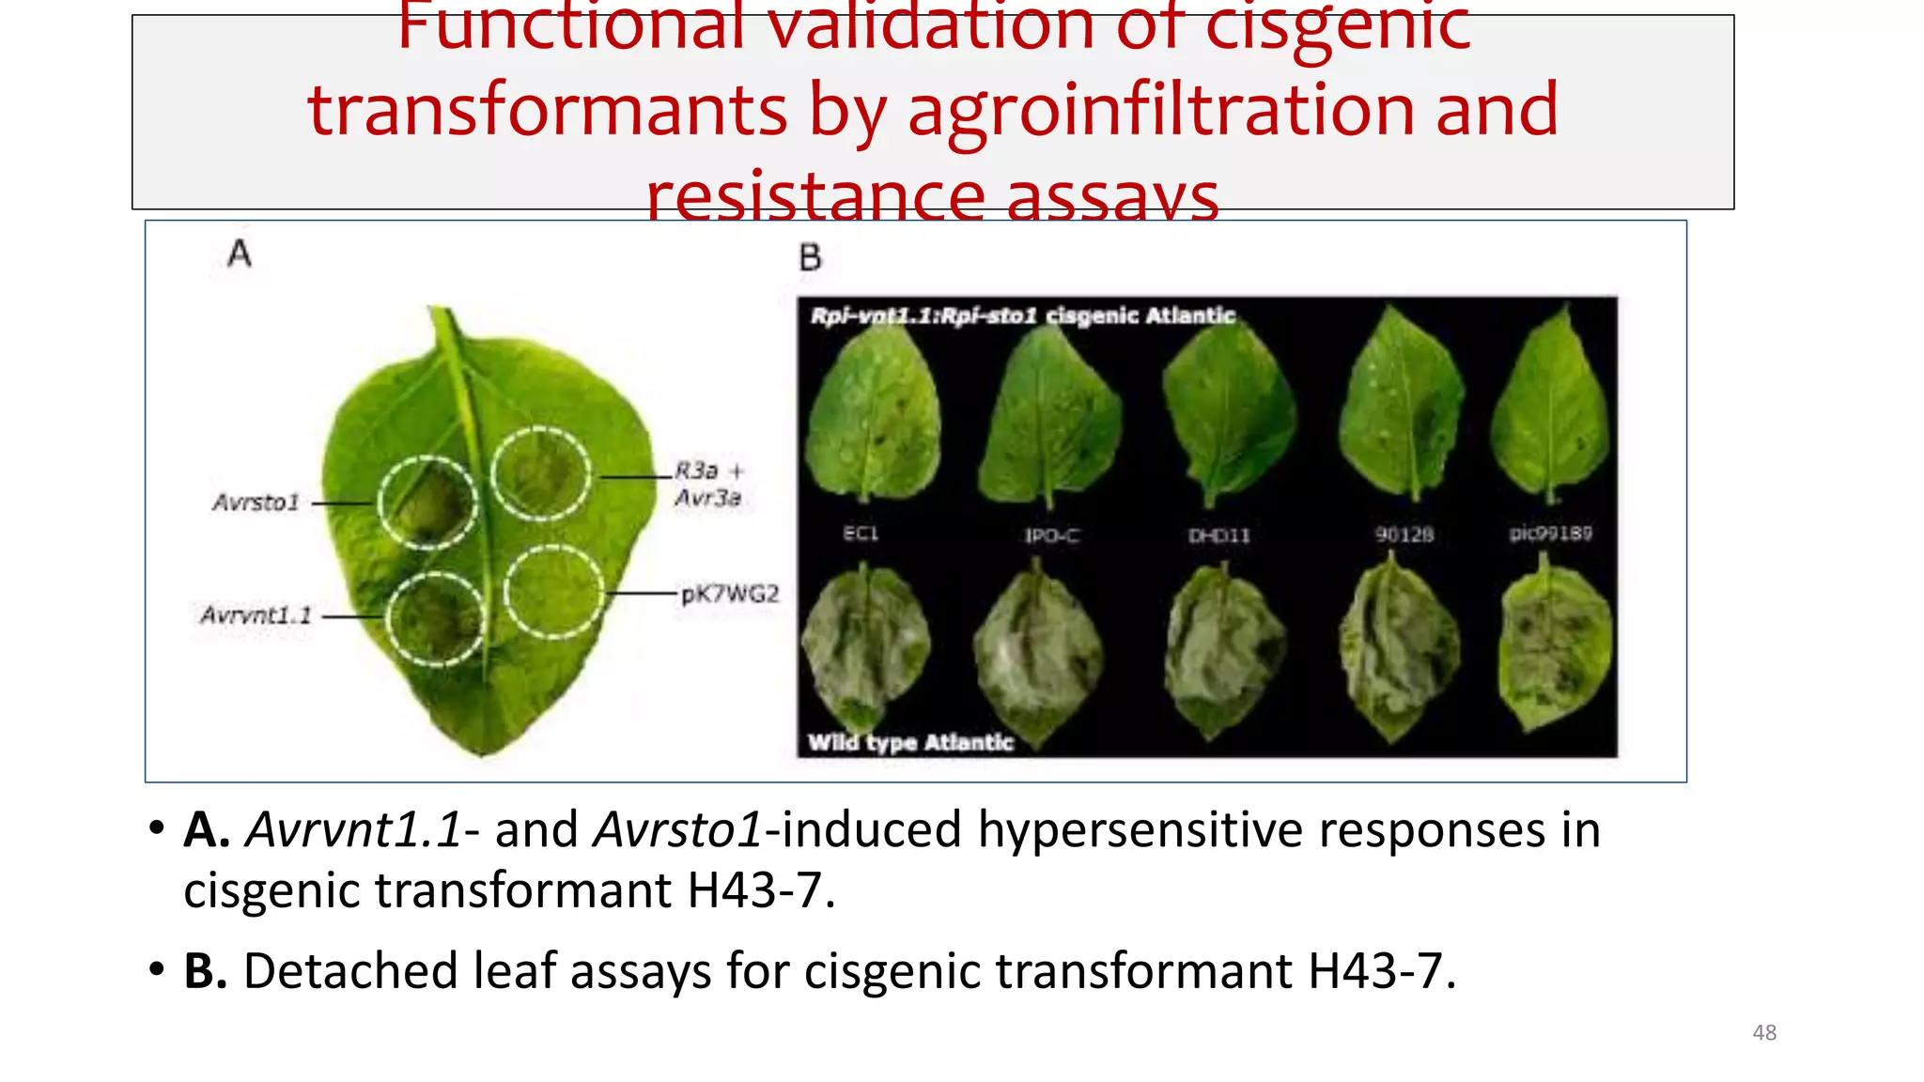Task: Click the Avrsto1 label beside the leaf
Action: tap(256, 502)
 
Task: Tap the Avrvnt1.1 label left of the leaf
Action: tap(255, 615)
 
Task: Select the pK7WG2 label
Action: tap(729, 594)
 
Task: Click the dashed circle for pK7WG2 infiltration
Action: tap(552, 592)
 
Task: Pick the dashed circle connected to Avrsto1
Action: tap(427, 502)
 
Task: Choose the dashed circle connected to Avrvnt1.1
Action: tap(435, 619)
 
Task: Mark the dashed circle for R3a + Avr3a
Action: tap(541, 473)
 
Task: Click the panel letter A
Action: tap(240, 254)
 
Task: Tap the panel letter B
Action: tap(810, 257)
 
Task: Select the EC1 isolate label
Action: tap(861, 533)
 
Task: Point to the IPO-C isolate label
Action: tap(1051, 535)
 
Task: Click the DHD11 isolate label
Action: tap(1219, 535)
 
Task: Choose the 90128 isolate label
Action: tap(1404, 534)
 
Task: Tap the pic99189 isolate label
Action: tap(1550, 533)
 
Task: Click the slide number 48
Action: tap(1764, 1032)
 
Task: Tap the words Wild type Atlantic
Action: tap(910, 743)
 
